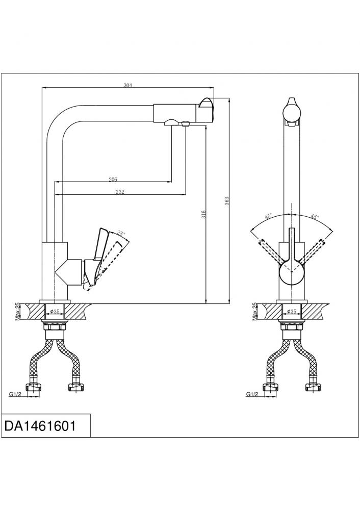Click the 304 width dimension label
click(128, 85)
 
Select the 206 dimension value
click(113, 179)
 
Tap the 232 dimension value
click(120, 192)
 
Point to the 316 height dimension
click(203, 214)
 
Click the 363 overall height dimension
click(227, 200)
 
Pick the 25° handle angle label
click(121, 234)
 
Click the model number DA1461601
click(40, 426)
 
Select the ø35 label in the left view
click(55, 311)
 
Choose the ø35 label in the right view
click(291, 311)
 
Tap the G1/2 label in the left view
click(15, 395)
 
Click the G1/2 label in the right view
click(252, 395)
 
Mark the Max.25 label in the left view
click(18, 312)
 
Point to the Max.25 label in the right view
click(254, 312)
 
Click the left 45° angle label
click(268, 216)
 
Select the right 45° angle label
click(315, 216)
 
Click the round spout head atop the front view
click(291, 111)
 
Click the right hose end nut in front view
click(313, 388)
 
